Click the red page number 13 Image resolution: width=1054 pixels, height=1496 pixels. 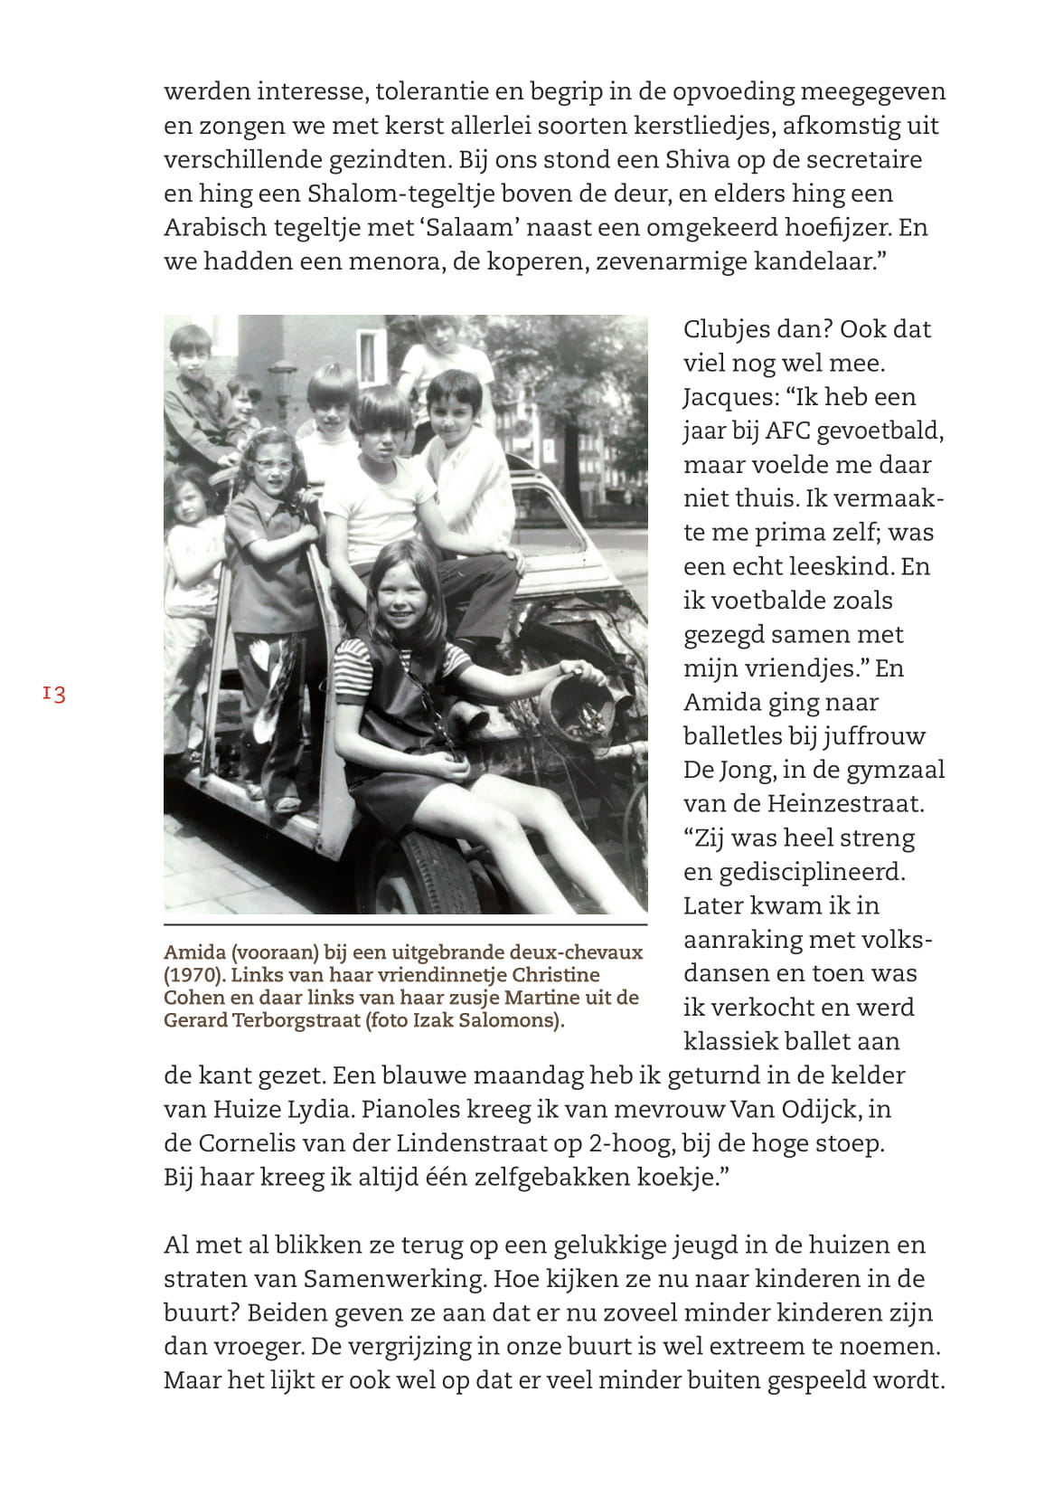click(x=53, y=695)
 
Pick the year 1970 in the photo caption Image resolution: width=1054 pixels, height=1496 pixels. click(x=192, y=975)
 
